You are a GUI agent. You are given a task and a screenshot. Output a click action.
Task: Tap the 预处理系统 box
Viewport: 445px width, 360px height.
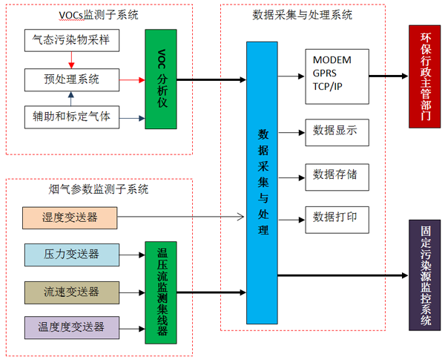(71, 79)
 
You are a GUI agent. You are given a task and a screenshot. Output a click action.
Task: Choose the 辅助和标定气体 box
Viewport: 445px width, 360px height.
(71, 117)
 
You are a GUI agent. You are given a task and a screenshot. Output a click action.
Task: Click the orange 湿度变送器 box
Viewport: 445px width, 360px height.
(70, 217)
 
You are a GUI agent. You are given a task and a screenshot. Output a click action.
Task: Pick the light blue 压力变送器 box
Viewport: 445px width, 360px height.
(70, 255)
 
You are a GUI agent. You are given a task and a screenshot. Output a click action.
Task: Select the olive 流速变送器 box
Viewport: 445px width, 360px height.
(70, 291)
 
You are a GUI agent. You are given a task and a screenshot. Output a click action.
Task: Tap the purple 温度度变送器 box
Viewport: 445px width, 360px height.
(70, 326)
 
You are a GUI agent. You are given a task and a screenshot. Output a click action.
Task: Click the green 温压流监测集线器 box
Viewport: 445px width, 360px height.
(162, 292)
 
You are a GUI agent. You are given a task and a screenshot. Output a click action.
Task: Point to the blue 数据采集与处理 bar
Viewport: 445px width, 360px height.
(262, 182)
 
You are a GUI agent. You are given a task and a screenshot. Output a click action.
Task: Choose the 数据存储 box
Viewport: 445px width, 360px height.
(335, 175)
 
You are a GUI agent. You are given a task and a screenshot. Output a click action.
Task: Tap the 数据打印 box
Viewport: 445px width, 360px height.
(335, 217)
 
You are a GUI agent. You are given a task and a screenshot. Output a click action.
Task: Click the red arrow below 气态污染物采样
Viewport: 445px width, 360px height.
(70, 59)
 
